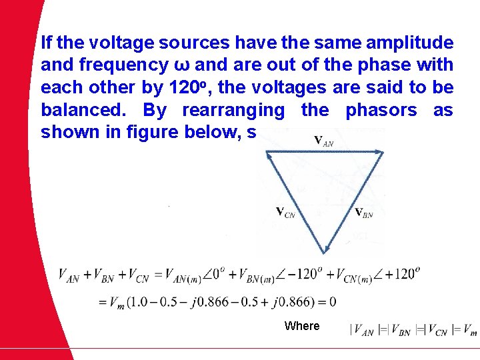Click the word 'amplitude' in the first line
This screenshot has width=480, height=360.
click(x=411, y=44)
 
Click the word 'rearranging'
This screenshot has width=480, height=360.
click(x=233, y=110)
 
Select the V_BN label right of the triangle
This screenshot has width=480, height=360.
click(x=363, y=213)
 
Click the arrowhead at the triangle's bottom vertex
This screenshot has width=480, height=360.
click(x=325, y=250)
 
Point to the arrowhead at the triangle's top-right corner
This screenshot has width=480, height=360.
click(x=380, y=153)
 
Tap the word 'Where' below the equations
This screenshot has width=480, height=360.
click(x=302, y=326)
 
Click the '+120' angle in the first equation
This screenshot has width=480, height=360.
click(x=401, y=274)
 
